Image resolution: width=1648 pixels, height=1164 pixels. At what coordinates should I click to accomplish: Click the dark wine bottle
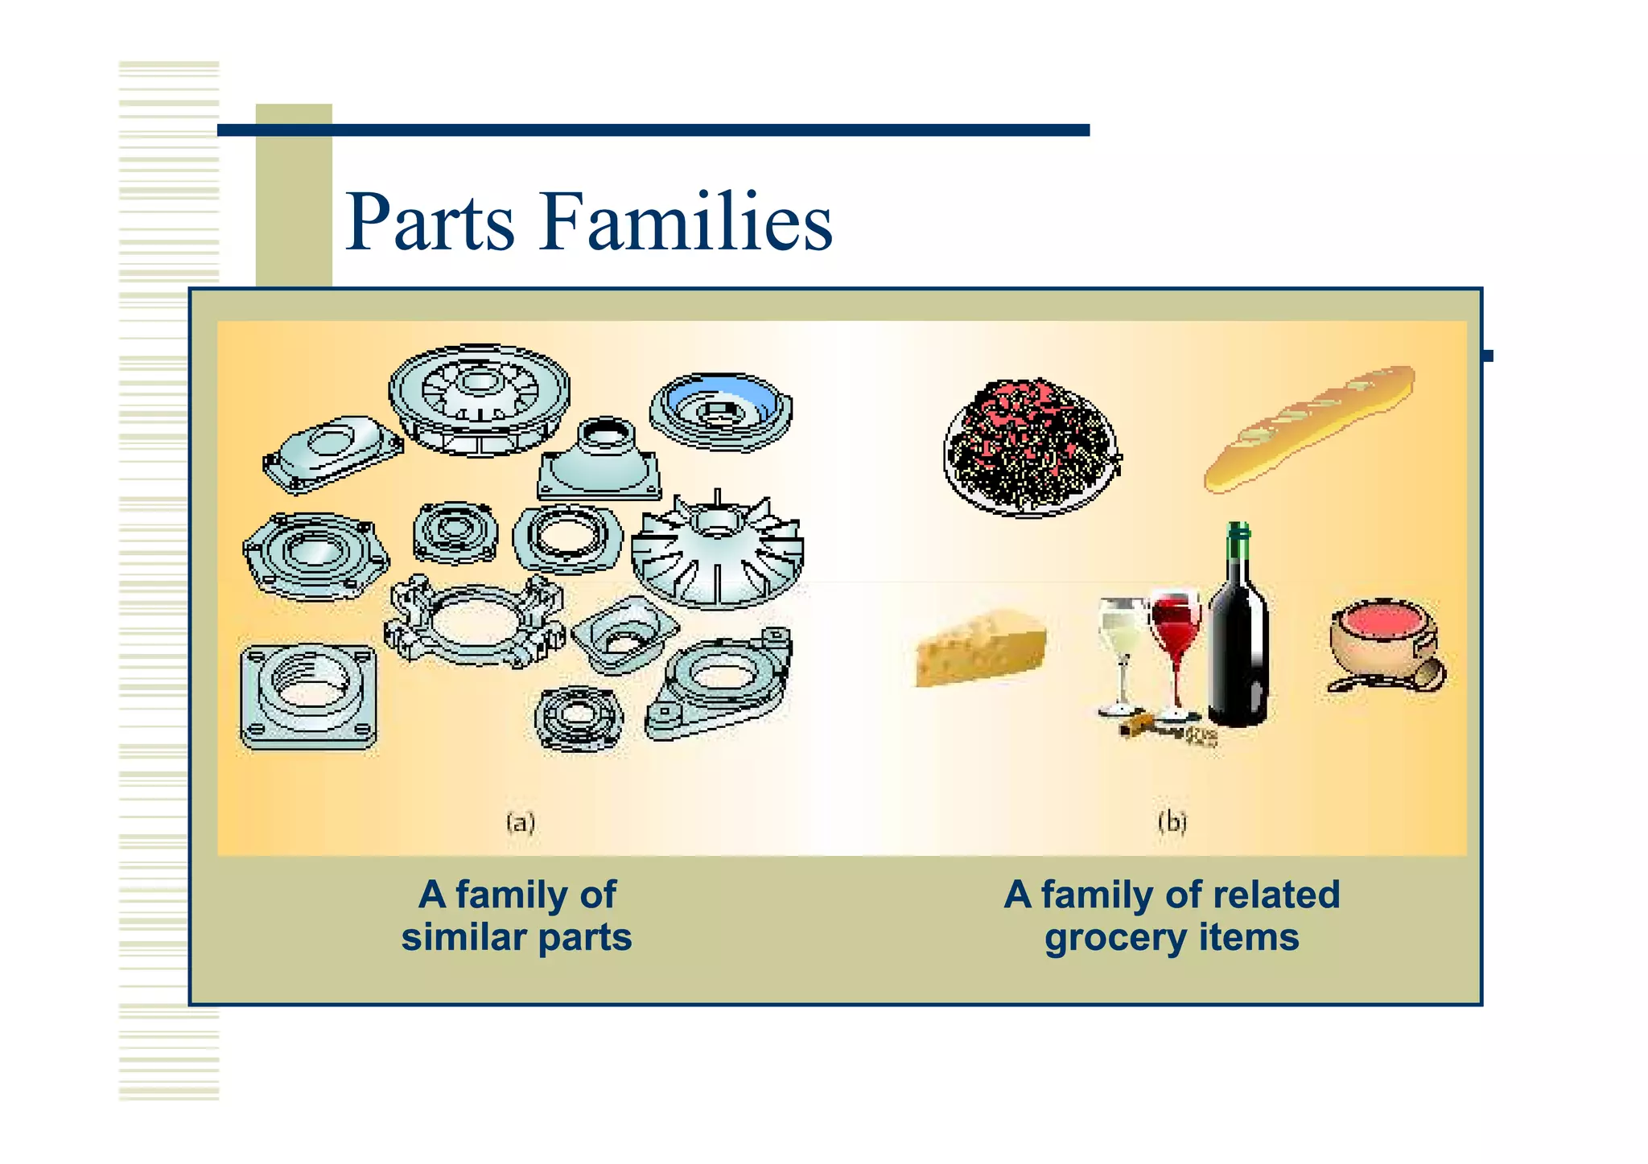[x=1238, y=644]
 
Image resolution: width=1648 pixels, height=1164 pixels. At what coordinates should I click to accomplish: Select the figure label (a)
[x=521, y=822]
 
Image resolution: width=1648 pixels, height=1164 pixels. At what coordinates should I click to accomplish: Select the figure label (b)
[x=1172, y=822]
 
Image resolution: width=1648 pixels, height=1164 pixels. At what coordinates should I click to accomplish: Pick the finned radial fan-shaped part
[x=716, y=555]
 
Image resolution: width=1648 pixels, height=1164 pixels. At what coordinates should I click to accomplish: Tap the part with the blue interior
[x=721, y=410]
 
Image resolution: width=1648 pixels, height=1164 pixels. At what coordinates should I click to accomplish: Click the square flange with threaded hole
[x=308, y=697]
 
